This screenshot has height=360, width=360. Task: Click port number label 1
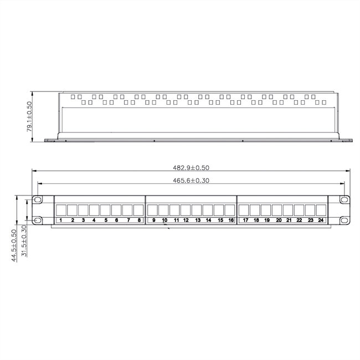pyautogui.click(x=61, y=220)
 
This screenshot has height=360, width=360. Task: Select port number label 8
pyautogui.click(x=138, y=220)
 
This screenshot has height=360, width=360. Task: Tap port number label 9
pyautogui.click(x=153, y=220)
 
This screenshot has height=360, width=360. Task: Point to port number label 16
pyautogui.click(x=230, y=220)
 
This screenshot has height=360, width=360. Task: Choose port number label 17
pyautogui.click(x=245, y=220)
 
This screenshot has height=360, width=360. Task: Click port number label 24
pyautogui.click(x=321, y=220)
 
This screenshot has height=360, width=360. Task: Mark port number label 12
pyautogui.click(x=186, y=220)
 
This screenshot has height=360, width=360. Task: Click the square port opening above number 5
pyautogui.click(x=105, y=210)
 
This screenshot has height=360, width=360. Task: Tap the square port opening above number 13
pyautogui.click(x=197, y=210)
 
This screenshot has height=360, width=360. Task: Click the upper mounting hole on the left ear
pyautogui.click(x=38, y=199)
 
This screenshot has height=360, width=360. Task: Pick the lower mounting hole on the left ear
pyautogui.click(x=38, y=220)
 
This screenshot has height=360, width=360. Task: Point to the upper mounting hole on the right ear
pyautogui.click(x=344, y=199)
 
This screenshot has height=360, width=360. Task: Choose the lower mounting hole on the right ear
pyautogui.click(x=344, y=220)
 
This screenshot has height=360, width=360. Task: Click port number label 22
pyautogui.click(x=299, y=220)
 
